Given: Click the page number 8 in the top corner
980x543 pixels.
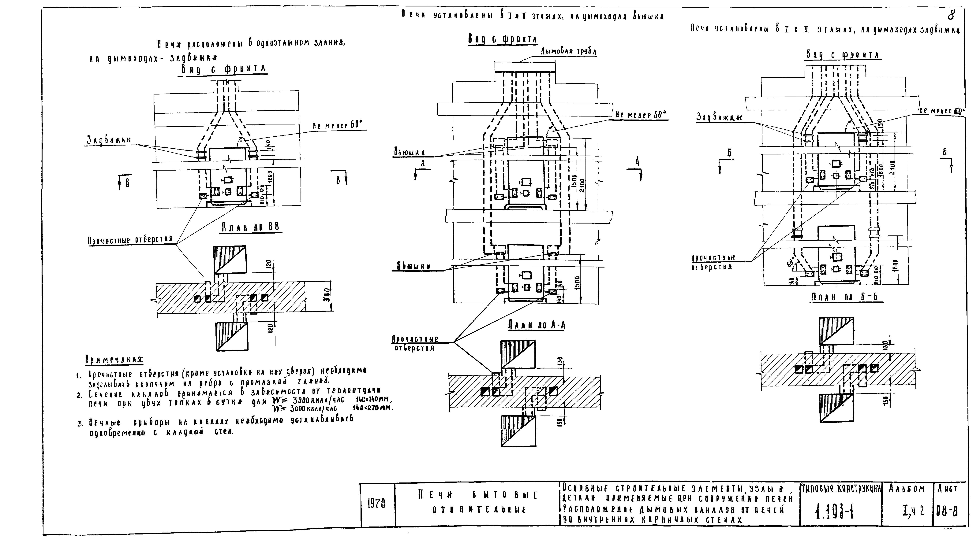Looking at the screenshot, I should pos(951,15).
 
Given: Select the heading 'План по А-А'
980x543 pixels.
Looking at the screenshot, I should pos(536,325).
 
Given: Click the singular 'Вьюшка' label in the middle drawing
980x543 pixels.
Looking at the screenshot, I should pos(409,153).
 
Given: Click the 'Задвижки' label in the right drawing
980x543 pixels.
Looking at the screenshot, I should pos(719,117).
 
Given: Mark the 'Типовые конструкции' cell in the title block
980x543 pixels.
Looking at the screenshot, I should pos(841,489).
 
